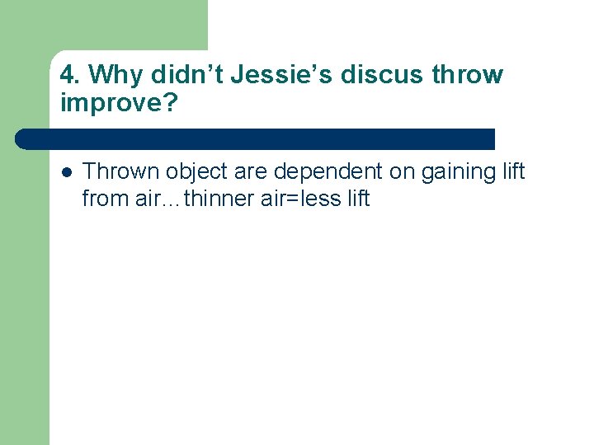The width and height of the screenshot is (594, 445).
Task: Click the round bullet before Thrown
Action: (67, 172)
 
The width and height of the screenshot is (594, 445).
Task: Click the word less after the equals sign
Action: (318, 199)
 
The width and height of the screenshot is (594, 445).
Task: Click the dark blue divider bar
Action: (256, 138)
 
